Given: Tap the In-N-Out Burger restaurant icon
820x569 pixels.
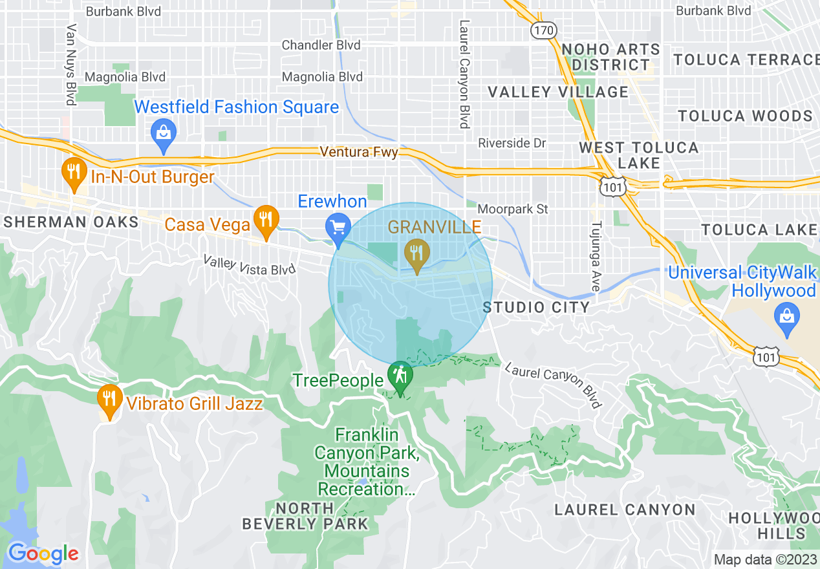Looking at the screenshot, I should (74, 173).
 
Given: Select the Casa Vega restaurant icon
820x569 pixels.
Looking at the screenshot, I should (265, 220).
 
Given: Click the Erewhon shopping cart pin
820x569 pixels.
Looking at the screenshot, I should (338, 228).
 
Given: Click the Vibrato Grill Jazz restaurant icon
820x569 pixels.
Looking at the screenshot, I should (109, 400).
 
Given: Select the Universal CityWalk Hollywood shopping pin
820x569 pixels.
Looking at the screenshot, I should (786, 317).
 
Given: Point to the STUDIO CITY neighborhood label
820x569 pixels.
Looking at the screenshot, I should (536, 307).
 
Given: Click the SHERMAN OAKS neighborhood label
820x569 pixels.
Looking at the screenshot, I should (71, 222).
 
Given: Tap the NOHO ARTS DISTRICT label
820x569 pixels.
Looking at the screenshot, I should (601, 57).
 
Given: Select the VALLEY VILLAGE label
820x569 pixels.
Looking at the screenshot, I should (557, 92).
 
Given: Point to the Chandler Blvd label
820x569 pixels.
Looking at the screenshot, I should (321, 45).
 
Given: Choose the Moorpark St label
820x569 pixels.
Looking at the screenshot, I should (512, 209).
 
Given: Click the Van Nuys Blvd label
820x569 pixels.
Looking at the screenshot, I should (70, 65).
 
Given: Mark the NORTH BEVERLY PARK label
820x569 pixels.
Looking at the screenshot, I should (305, 516).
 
